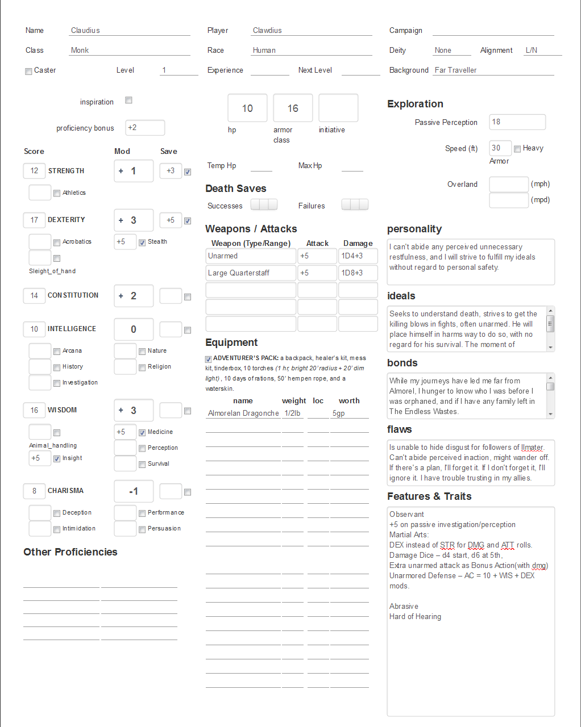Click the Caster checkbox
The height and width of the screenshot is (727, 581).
tap(28, 72)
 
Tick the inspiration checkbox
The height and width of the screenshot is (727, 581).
tap(128, 101)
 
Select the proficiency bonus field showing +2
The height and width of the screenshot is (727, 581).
tap(145, 128)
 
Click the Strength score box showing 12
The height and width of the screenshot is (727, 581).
tap(34, 171)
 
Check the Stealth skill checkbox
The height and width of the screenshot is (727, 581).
tap(142, 243)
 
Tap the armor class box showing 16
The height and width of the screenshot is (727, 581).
tap(293, 108)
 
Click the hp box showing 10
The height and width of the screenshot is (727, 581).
tap(247, 108)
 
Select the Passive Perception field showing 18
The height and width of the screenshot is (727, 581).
tap(517, 122)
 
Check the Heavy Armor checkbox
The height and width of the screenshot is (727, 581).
tap(517, 149)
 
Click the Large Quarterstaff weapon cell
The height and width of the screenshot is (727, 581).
tap(250, 273)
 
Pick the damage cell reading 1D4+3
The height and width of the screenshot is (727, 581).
tap(358, 256)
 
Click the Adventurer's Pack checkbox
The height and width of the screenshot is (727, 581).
tap(209, 359)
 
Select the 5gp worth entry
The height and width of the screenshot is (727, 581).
tap(349, 413)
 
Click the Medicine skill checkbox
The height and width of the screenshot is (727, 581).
tap(142, 433)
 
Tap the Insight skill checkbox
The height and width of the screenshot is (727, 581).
tap(57, 459)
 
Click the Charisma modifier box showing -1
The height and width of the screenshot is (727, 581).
tap(134, 491)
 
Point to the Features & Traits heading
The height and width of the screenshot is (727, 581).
tap(429, 496)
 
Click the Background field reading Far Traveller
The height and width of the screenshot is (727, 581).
tap(493, 70)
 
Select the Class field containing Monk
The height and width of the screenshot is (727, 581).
tap(129, 51)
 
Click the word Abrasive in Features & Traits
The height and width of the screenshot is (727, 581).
tap(404, 607)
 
